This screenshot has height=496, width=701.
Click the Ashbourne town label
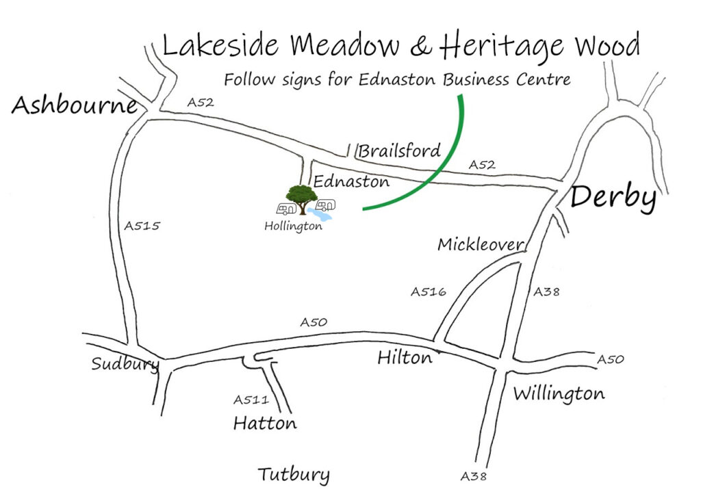click(75, 106)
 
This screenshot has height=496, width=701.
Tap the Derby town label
click(613, 198)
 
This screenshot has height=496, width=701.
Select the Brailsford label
click(400, 151)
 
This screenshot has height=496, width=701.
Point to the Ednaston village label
click(351, 181)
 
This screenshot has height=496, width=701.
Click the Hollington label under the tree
click(293, 226)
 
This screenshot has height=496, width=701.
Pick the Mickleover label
click(481, 244)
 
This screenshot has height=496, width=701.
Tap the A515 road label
click(142, 226)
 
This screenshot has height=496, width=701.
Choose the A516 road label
click(428, 292)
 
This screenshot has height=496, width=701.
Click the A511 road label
click(251, 400)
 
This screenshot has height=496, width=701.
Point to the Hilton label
click(405, 358)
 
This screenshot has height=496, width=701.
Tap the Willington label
click(559, 394)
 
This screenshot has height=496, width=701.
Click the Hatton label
click(265, 423)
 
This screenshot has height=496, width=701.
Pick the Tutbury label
click(294, 475)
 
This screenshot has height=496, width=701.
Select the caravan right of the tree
click(326, 205)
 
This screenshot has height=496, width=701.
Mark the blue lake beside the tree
click(320, 215)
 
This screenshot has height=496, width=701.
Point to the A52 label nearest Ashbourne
click(201, 103)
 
